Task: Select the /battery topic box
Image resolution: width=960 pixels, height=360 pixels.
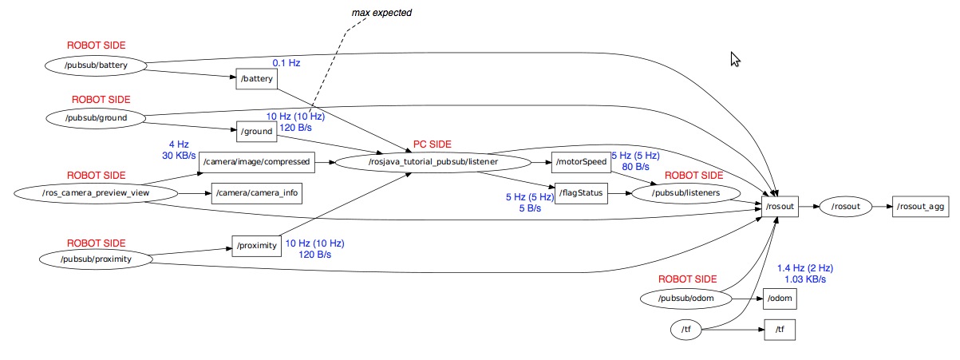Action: click(x=256, y=79)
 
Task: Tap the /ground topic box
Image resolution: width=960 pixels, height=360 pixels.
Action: click(x=256, y=131)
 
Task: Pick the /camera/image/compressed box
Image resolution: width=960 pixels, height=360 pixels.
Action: click(x=256, y=162)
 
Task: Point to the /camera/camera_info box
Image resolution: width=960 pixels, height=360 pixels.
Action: click(x=256, y=192)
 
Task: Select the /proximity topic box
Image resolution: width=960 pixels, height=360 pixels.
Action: click(x=257, y=246)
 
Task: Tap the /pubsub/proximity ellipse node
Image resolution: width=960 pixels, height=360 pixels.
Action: click(x=96, y=259)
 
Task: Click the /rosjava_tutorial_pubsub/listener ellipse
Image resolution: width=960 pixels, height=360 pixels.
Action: click(x=433, y=162)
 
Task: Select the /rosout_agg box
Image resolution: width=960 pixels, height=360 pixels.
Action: click(x=920, y=207)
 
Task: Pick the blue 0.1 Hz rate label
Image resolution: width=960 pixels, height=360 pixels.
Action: click(x=286, y=62)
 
